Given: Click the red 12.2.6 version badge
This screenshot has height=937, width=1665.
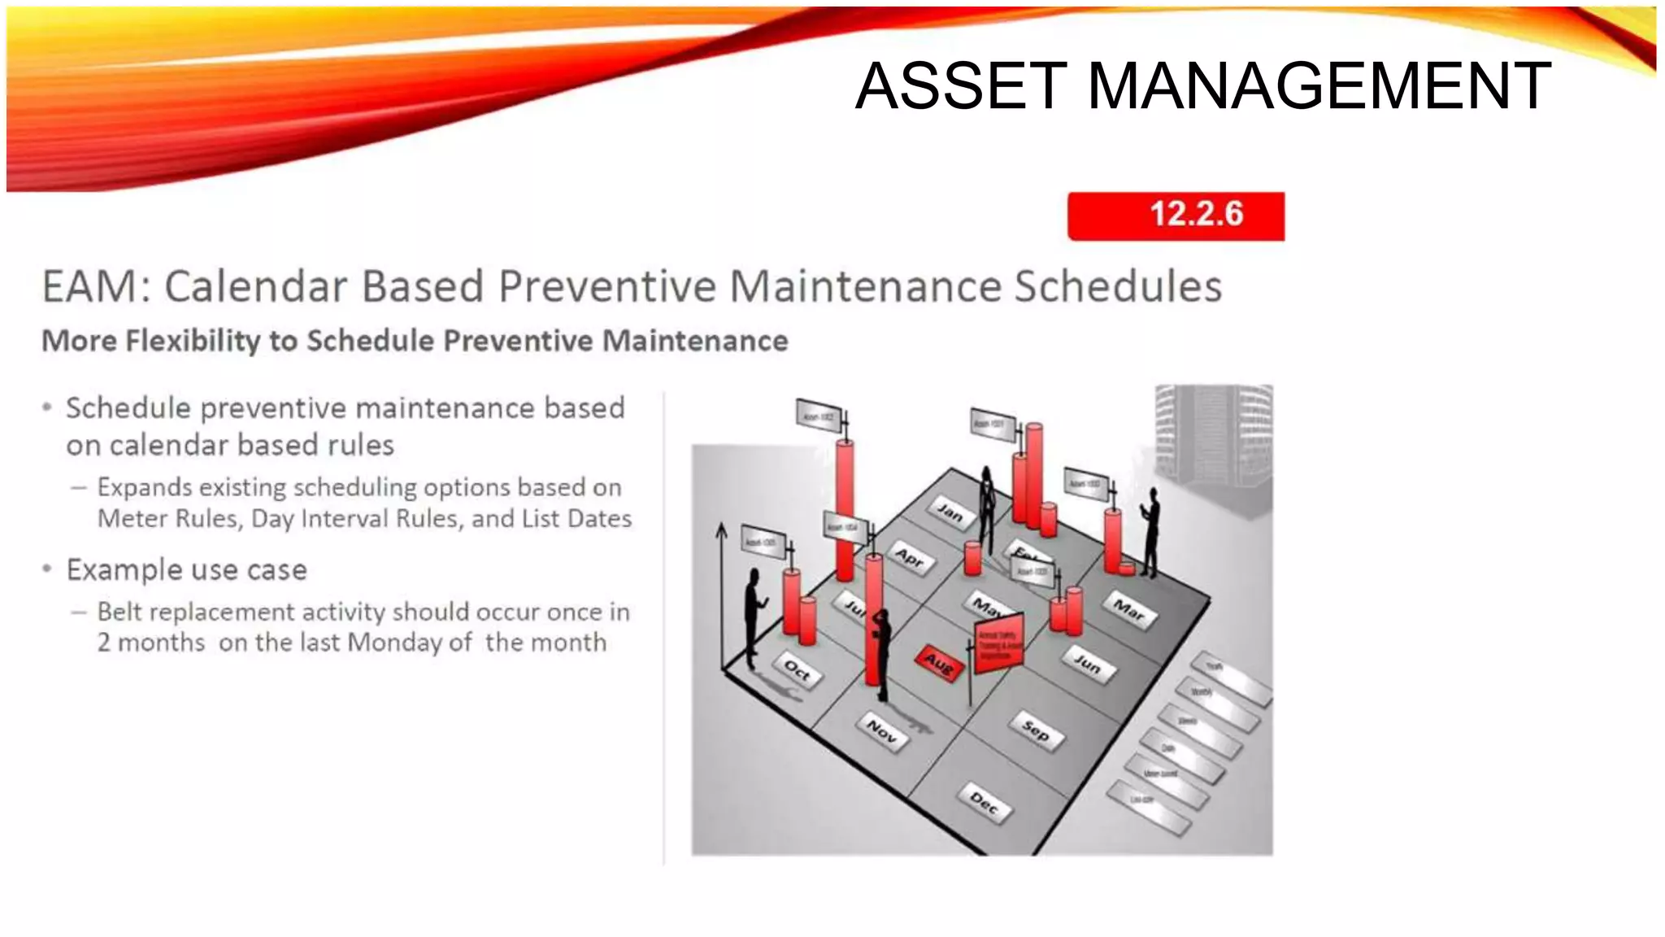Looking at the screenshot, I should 1176,216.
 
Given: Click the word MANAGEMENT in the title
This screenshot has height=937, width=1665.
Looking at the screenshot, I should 1318,86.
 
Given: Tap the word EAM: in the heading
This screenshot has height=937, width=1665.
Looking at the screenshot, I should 97,286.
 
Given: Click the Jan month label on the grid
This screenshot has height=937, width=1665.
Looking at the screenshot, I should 950,512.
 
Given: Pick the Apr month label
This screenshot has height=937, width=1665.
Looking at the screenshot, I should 910,558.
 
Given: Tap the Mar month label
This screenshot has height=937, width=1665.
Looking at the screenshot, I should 1128,609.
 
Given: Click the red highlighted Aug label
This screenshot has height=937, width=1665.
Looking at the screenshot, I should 939,664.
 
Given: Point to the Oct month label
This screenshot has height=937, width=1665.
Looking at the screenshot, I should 797,670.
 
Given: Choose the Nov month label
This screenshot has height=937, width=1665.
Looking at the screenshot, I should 882,730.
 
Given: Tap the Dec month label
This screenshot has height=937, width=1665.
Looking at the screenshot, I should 985,804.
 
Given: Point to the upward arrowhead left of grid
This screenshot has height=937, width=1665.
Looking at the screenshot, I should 721,530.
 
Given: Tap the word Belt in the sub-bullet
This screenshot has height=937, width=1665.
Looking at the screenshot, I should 120,612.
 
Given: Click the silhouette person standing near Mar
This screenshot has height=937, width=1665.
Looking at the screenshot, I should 1150,533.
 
